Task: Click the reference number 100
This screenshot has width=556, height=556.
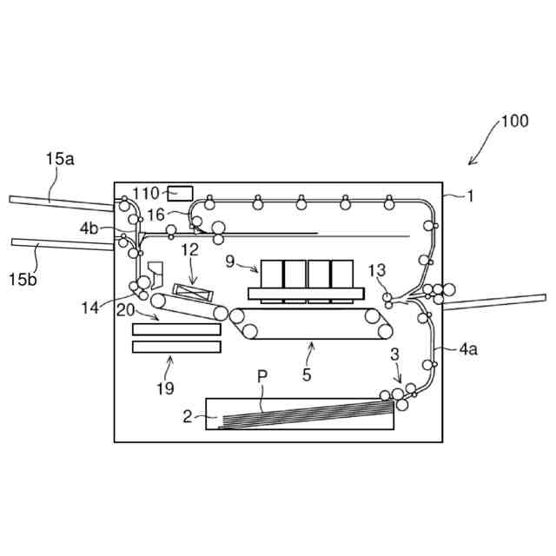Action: tap(513, 121)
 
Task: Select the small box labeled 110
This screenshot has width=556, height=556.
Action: tap(180, 192)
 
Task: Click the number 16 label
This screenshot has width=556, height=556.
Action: tap(155, 214)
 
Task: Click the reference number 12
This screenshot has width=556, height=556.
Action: tap(189, 249)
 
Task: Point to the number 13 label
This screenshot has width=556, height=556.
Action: tap(376, 270)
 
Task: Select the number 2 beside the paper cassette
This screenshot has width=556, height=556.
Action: tap(187, 416)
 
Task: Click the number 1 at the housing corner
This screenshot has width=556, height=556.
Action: tap(470, 195)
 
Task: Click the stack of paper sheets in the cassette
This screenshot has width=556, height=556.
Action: tap(304, 414)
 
